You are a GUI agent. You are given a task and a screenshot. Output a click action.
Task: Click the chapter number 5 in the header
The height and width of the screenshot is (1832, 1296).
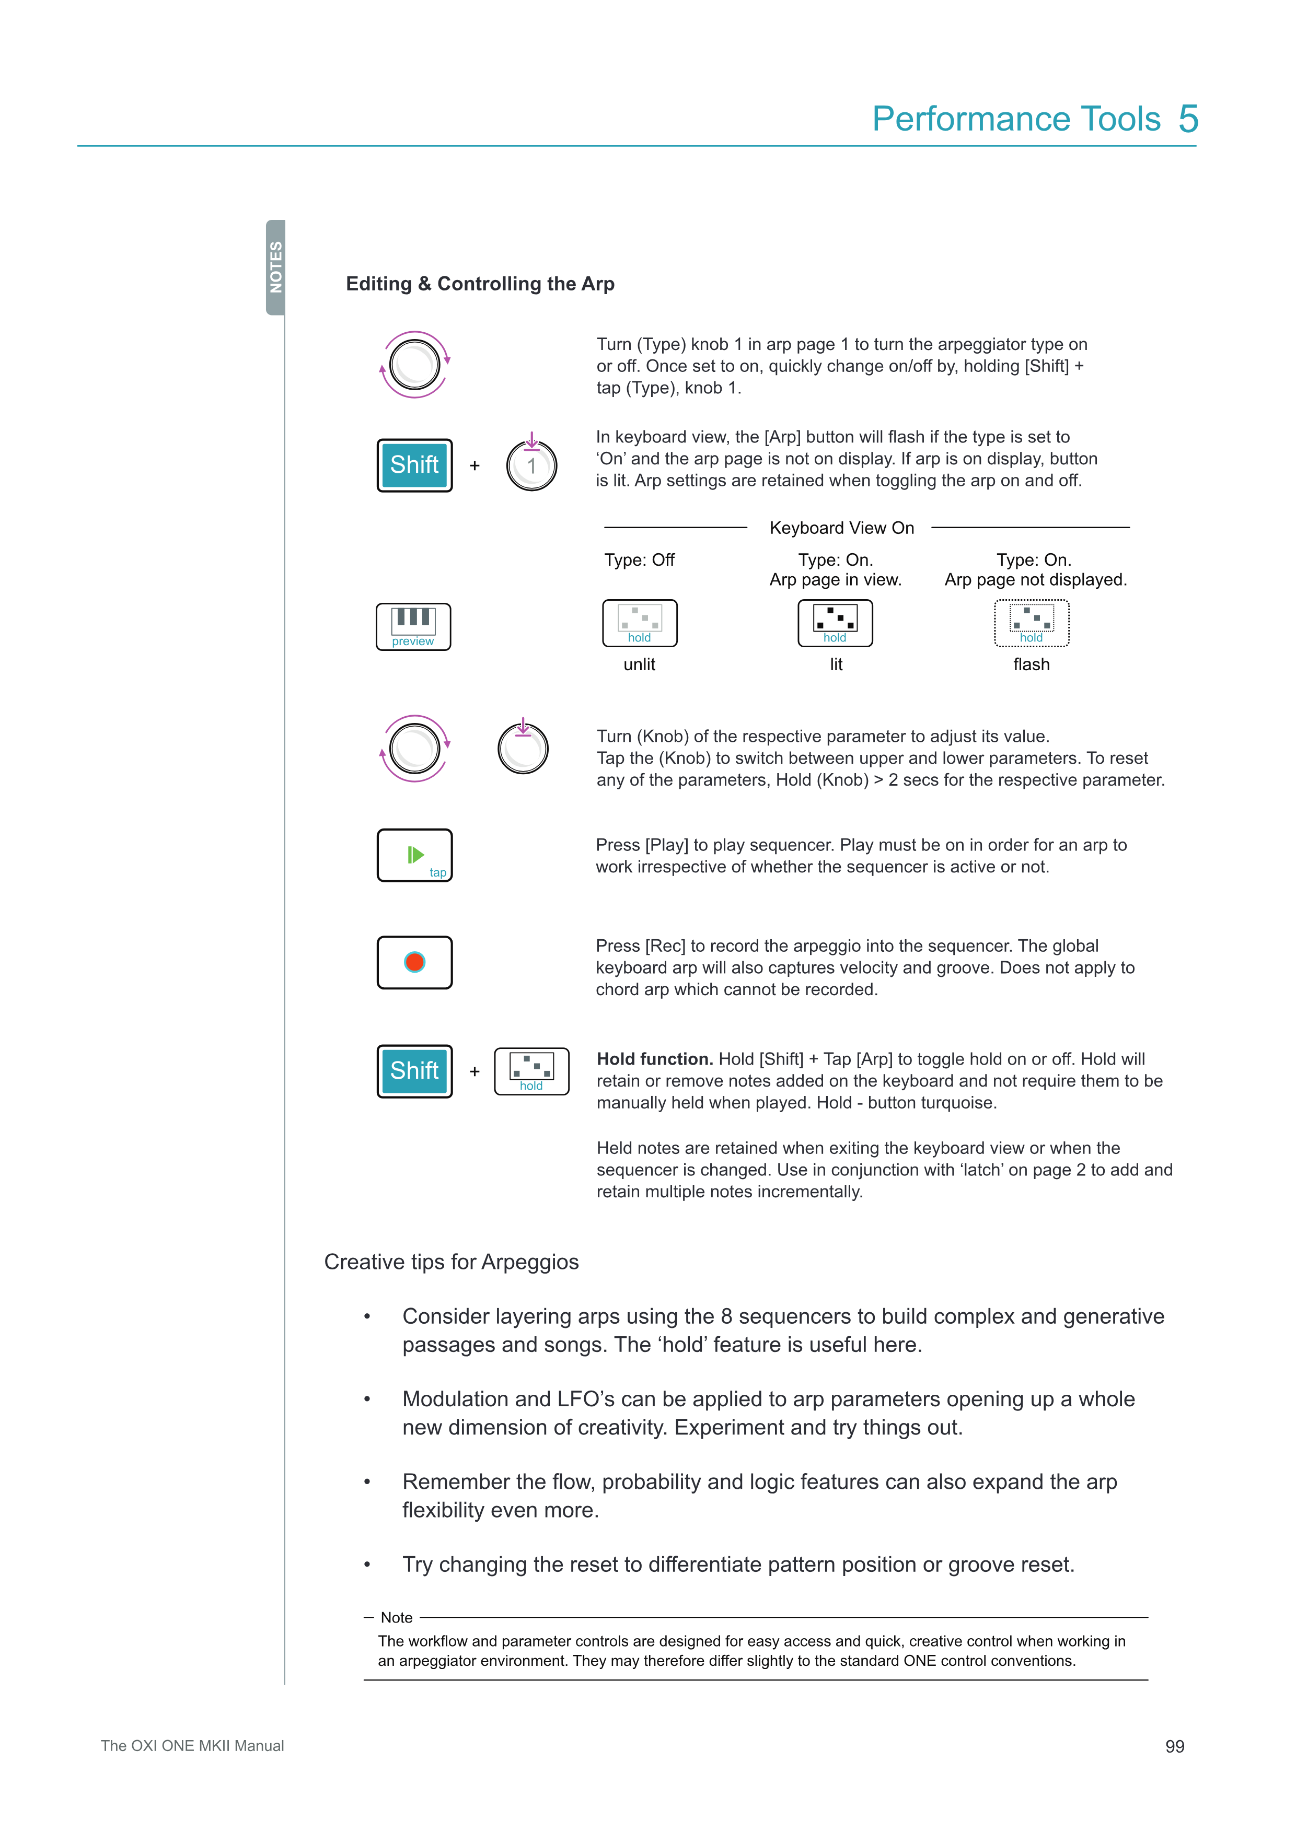click(1188, 119)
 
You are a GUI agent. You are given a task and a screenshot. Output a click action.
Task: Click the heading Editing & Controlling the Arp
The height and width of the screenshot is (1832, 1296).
click(480, 284)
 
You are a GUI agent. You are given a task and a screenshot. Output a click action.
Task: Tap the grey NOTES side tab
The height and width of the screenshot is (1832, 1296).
click(276, 267)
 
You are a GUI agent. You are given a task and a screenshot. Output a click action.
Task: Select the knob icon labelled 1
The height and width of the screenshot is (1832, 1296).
click(531, 466)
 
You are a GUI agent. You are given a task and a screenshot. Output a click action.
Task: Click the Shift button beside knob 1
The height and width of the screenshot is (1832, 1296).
click(414, 465)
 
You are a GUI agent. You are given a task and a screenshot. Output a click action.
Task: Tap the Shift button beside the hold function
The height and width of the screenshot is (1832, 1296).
click(414, 1071)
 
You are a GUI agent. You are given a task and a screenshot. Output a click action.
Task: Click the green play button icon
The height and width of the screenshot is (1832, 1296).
click(414, 855)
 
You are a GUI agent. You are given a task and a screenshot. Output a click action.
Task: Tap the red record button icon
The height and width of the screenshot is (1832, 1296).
click(414, 962)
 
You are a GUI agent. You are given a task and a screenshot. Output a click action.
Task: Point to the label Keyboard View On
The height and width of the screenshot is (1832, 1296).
click(841, 528)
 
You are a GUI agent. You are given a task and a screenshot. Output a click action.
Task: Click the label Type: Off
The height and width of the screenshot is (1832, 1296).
click(639, 560)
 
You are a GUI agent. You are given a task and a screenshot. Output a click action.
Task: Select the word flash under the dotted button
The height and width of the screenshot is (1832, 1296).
click(1031, 664)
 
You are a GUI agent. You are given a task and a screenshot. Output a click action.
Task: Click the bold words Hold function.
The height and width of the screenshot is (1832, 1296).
click(654, 1059)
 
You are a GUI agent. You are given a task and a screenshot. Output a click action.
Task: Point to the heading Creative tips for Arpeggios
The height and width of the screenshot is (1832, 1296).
click(451, 1262)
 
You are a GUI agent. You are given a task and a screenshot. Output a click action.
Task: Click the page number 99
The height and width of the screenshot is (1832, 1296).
click(1174, 1747)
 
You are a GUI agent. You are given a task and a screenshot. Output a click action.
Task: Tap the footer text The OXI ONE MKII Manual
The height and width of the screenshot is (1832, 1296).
click(192, 1746)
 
